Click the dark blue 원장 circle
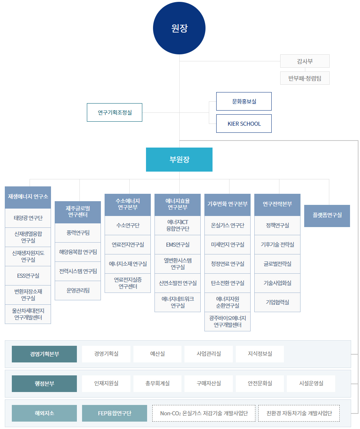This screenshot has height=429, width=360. click(179, 28)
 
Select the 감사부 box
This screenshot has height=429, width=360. click(305, 61)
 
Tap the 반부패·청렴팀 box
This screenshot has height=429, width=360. click(305, 78)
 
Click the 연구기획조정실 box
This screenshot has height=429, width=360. click(115, 112)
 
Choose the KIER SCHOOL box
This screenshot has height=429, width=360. click(244, 124)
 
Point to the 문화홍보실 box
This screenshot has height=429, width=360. click(244, 101)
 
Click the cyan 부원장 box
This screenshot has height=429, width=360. click(179, 159)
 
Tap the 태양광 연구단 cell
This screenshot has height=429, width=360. click(28, 218)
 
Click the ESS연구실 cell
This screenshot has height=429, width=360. click(28, 276)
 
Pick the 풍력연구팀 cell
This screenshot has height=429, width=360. click(78, 233)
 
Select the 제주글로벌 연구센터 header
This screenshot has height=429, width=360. click(78, 212)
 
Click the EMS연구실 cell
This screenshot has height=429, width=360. click(178, 244)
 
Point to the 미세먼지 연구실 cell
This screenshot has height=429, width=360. click(227, 244)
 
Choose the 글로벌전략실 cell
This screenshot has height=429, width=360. click(277, 264)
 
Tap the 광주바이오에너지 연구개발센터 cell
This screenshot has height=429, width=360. click(227, 322)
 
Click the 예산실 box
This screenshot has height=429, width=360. click(157, 354)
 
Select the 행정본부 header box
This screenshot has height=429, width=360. click(44, 384)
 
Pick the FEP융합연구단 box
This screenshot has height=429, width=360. click(115, 413)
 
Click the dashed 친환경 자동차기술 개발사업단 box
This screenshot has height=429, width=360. click(299, 413)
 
